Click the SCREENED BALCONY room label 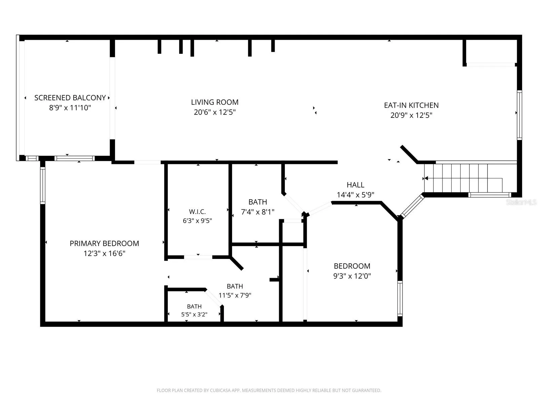[70, 98]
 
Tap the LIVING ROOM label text [215, 102]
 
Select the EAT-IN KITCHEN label [411, 105]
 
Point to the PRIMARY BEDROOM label [105, 243]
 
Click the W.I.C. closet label [197, 211]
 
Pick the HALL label [355, 185]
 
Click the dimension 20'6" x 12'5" [215, 112]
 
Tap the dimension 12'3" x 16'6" [105, 254]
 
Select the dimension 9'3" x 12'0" [352, 276]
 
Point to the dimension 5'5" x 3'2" [194, 314]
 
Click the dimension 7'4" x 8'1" [258, 212]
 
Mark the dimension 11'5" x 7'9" [235, 295]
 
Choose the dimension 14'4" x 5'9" [355, 195]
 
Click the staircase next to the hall [471, 178]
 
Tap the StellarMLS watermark [521, 202]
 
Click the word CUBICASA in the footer [220, 390]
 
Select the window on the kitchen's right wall [520, 115]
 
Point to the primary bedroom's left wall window [43, 186]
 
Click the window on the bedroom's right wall [400, 299]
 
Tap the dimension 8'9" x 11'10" [70, 108]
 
